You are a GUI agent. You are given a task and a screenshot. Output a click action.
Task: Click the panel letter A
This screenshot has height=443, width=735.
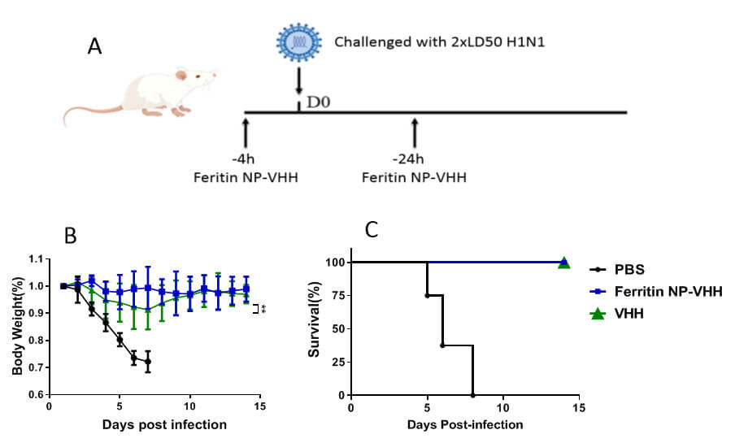point(95,47)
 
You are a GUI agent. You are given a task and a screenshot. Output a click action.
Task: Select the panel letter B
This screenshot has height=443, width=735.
point(71,237)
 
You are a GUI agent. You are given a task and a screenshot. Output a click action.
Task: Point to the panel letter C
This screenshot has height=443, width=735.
point(372,230)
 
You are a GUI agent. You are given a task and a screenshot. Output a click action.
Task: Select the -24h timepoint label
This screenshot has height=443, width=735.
point(415,158)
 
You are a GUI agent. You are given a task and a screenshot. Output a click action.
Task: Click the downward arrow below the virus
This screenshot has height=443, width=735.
point(299,80)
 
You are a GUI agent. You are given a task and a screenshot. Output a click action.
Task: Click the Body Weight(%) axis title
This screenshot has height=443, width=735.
point(17,326)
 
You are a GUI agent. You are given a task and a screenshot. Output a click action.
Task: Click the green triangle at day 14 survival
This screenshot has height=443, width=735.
point(563,263)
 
